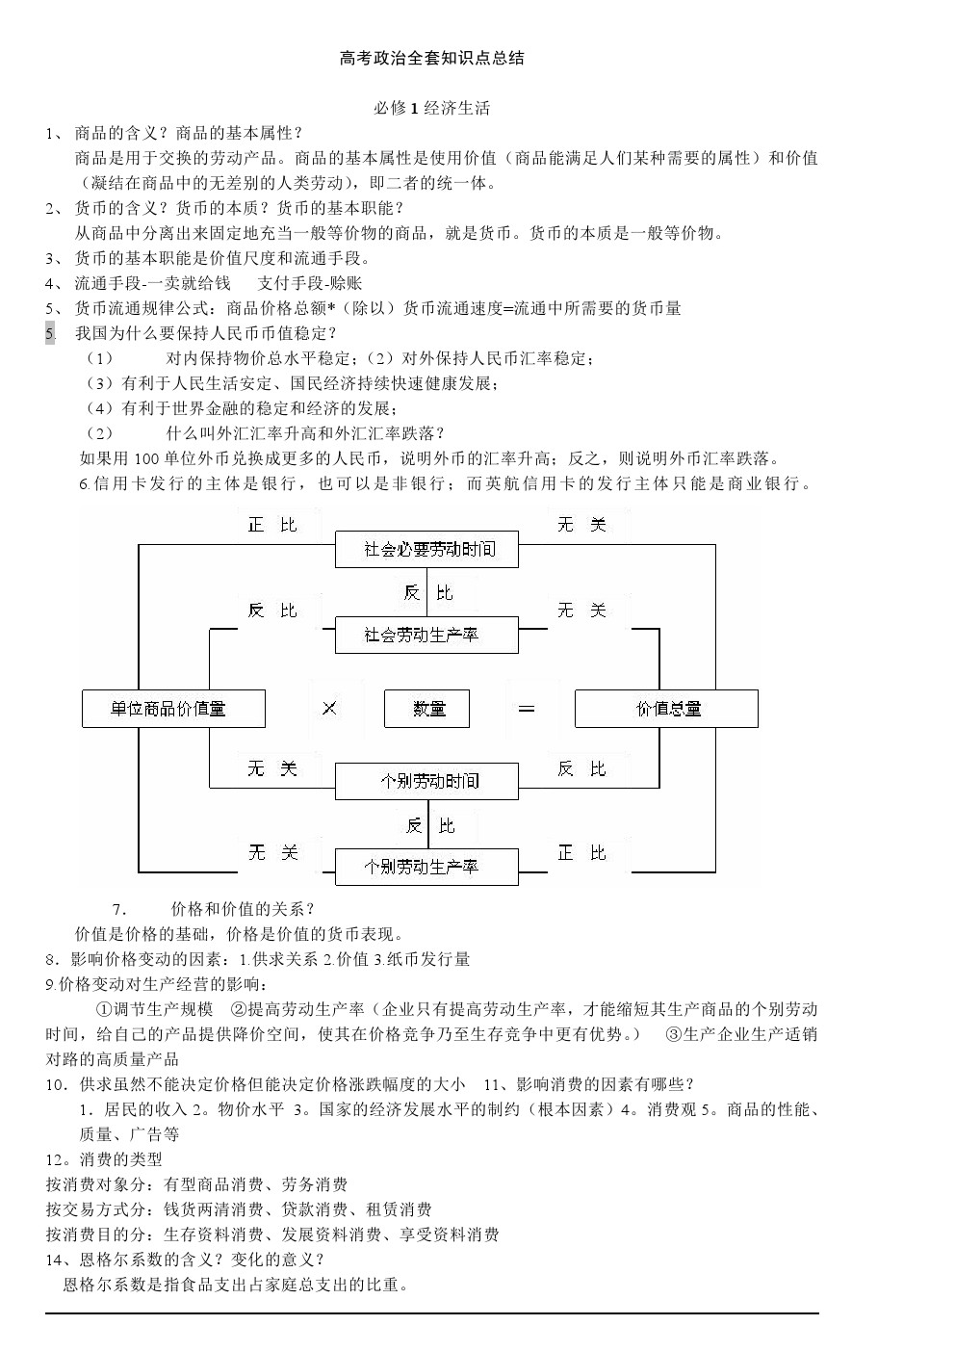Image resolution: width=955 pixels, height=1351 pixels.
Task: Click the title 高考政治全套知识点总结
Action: click(431, 59)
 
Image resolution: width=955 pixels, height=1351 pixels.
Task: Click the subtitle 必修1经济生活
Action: click(431, 109)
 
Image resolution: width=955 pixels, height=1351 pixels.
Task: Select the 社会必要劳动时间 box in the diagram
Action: click(426, 550)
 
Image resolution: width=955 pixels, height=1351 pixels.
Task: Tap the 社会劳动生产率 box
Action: click(426, 636)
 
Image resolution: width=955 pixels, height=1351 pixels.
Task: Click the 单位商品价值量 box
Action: click(173, 709)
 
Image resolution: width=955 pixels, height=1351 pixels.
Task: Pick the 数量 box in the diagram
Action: click(426, 709)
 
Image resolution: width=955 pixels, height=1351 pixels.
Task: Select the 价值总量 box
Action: click(667, 709)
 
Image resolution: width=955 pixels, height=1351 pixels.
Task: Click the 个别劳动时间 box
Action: click(426, 782)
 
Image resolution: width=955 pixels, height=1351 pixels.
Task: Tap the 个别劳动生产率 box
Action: click(426, 868)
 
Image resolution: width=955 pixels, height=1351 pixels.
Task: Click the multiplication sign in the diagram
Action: click(330, 709)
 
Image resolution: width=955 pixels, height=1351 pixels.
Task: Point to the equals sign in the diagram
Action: click(527, 709)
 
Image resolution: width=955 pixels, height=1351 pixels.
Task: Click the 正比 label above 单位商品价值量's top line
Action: click(272, 525)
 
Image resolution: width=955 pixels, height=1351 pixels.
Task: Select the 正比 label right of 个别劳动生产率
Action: click(581, 853)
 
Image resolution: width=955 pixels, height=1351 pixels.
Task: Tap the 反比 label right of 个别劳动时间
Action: click(581, 768)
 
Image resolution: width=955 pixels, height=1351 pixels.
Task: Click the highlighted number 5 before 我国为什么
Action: click(50, 333)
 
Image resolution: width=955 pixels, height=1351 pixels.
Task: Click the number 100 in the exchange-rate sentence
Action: click(146, 459)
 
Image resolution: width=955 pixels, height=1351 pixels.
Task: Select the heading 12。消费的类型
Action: click(104, 1159)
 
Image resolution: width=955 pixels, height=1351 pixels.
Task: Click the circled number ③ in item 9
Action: click(674, 1034)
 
